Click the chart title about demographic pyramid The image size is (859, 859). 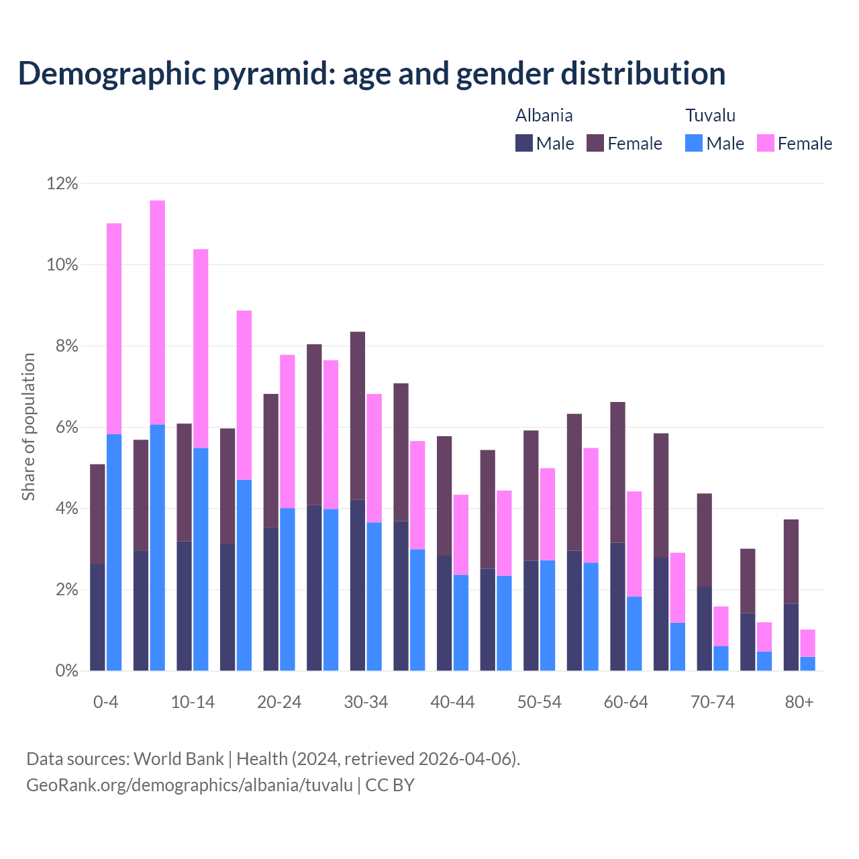click(x=372, y=74)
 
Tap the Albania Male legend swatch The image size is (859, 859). click(x=523, y=143)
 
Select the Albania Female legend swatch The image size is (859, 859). click(x=595, y=143)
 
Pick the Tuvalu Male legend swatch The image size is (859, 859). click(x=694, y=143)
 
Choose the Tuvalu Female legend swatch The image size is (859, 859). click(x=765, y=143)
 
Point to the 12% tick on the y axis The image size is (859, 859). click(x=62, y=183)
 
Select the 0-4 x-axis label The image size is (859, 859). click(x=105, y=703)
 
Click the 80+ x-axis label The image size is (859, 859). click(x=799, y=703)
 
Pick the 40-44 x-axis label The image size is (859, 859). click(x=452, y=703)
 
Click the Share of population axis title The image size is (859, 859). click(x=28, y=427)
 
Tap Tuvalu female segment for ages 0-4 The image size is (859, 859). click(x=114, y=329)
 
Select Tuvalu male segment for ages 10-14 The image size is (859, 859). click(x=201, y=559)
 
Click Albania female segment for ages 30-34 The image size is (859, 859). click(x=358, y=415)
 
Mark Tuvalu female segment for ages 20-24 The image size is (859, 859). click(x=287, y=431)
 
